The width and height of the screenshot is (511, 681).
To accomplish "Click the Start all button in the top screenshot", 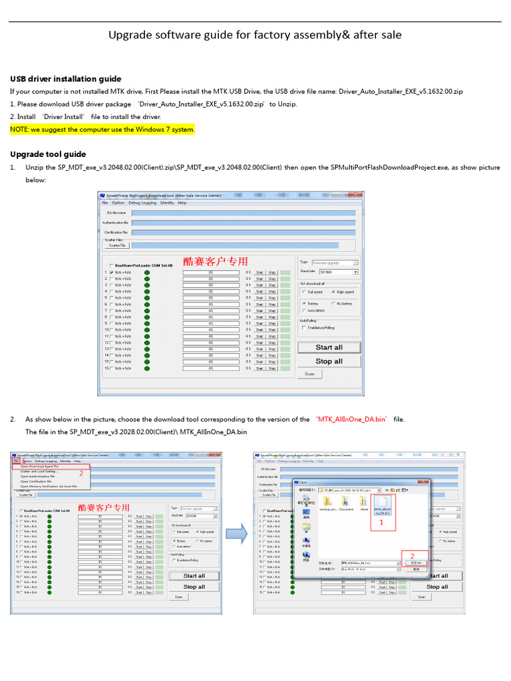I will coord(329,347).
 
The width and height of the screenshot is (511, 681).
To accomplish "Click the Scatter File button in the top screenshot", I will coord(114,245).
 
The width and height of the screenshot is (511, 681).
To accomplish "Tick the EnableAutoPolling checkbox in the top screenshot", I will coord(304,328).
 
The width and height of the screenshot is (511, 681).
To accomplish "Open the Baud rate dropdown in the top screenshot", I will coord(355,272).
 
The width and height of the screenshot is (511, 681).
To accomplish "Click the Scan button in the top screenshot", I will coord(310,374).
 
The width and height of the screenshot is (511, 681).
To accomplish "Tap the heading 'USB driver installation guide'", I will coord(65,78).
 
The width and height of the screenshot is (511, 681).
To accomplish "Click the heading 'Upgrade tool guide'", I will coord(48,154).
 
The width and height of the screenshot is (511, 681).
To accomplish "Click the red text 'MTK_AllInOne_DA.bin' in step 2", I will coord(352,419).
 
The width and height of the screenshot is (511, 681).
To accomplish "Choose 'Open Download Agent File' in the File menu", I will coord(40,466).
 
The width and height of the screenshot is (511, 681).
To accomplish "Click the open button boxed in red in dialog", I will coord(415,562).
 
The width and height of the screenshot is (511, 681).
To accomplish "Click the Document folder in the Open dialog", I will coord(346,502).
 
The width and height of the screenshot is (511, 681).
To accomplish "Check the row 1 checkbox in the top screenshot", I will coord(111,272).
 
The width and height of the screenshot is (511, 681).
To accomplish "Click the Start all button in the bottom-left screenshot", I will coord(194,576).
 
